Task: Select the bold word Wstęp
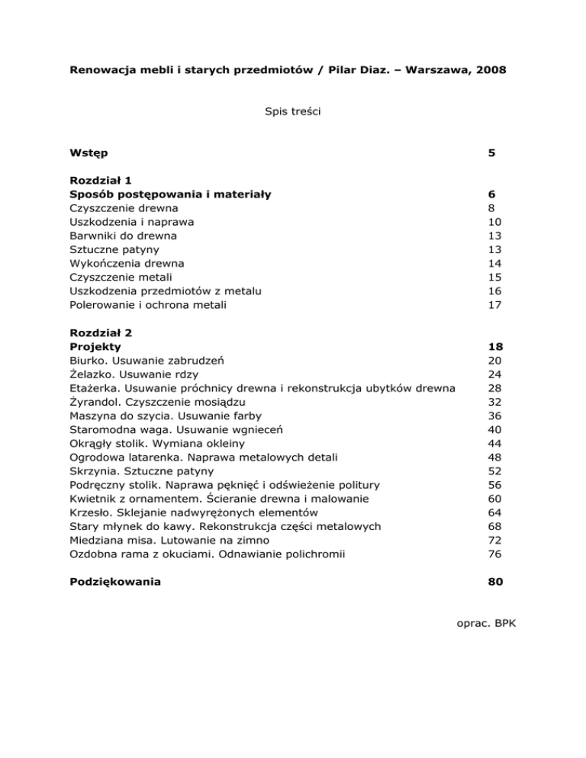[x=89, y=153]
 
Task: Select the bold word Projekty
[x=95, y=346]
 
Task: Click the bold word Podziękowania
[x=115, y=583]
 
